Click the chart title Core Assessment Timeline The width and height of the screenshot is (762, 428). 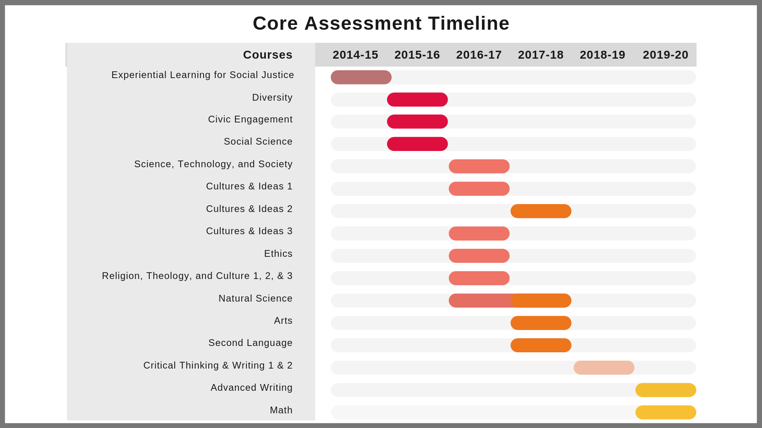click(381, 23)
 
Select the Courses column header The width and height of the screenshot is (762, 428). click(267, 55)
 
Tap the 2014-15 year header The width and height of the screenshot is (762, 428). click(355, 55)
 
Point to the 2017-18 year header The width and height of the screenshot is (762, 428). click(541, 55)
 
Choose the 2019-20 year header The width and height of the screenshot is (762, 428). click(665, 55)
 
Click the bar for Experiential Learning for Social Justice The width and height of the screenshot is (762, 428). click(361, 77)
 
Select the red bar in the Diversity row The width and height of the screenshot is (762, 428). click(417, 99)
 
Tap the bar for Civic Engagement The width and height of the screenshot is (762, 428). click(417, 122)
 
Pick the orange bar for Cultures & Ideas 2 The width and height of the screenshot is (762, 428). click(541, 211)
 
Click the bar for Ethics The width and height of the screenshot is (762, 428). click(479, 256)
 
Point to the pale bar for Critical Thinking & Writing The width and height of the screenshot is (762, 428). click(604, 368)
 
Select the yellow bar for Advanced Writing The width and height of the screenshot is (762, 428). click(666, 390)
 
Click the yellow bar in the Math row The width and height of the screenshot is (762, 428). click(666, 412)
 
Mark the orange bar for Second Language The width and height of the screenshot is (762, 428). click(541, 345)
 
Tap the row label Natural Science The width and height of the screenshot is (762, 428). click(255, 298)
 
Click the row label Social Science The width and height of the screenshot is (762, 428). click(258, 141)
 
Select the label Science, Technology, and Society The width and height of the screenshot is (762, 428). click(213, 164)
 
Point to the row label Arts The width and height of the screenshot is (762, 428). click(283, 321)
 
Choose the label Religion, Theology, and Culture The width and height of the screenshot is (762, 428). click(197, 276)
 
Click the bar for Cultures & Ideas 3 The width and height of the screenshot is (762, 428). click(479, 233)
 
